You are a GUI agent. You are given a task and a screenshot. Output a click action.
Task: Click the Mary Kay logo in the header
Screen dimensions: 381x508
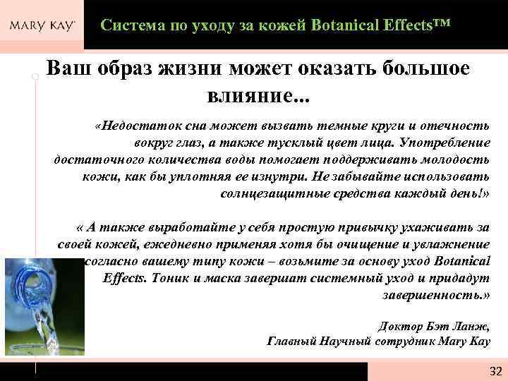pos(42,26)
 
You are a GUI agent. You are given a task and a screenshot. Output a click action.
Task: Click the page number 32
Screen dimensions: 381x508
pos(495,371)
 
